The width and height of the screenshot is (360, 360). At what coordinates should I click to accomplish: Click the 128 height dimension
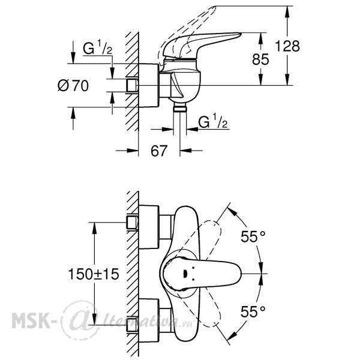pos(287,46)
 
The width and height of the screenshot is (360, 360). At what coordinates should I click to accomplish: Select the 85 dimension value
pos(260,59)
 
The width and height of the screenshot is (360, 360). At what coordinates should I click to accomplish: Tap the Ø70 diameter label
pos(73,85)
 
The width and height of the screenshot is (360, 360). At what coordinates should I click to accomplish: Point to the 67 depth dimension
pos(159,151)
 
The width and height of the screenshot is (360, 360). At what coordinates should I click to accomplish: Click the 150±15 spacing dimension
pos(94,274)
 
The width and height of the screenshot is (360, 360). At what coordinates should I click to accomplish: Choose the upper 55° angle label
pos(253,236)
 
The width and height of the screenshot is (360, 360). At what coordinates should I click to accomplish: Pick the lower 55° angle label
pos(253,311)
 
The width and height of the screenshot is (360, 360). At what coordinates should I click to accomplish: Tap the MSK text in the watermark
pos(31,320)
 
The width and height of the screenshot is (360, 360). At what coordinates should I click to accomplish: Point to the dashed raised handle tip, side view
pos(214,9)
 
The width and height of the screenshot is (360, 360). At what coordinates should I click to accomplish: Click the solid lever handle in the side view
pos(202,44)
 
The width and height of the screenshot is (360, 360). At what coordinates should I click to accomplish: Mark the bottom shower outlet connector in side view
pos(180,107)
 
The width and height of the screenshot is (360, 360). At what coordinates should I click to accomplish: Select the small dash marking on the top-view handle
pos(185,274)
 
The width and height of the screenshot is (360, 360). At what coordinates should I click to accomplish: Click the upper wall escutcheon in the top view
pos(149,227)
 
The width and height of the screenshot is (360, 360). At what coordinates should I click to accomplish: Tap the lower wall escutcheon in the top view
pos(149,320)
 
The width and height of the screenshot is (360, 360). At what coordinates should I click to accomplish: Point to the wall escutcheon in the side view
pos(149,85)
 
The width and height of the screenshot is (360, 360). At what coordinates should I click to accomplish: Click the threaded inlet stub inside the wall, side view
pos(132,85)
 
